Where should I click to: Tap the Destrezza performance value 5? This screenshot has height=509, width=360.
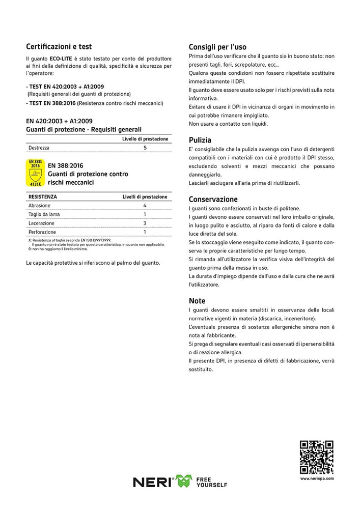point(145,148)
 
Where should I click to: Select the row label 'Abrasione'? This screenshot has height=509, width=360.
point(39,206)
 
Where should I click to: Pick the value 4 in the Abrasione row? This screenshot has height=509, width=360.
point(145,206)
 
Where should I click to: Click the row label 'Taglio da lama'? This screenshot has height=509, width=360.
point(44,214)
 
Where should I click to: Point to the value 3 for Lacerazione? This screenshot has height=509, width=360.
point(145,223)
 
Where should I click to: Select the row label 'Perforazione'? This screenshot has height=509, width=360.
point(41,232)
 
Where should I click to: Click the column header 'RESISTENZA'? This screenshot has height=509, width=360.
point(43,196)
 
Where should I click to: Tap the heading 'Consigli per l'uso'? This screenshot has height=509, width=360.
point(217,47)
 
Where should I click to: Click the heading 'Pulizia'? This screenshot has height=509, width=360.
point(200,140)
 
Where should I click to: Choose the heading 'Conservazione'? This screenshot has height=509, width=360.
point(213,200)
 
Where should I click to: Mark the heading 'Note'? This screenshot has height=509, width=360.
point(197,301)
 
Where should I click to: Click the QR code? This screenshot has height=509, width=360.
point(316,458)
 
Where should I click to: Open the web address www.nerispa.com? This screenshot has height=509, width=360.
point(316,479)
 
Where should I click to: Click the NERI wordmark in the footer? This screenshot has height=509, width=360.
point(152,482)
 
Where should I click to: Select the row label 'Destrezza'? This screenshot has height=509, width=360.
point(39,148)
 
